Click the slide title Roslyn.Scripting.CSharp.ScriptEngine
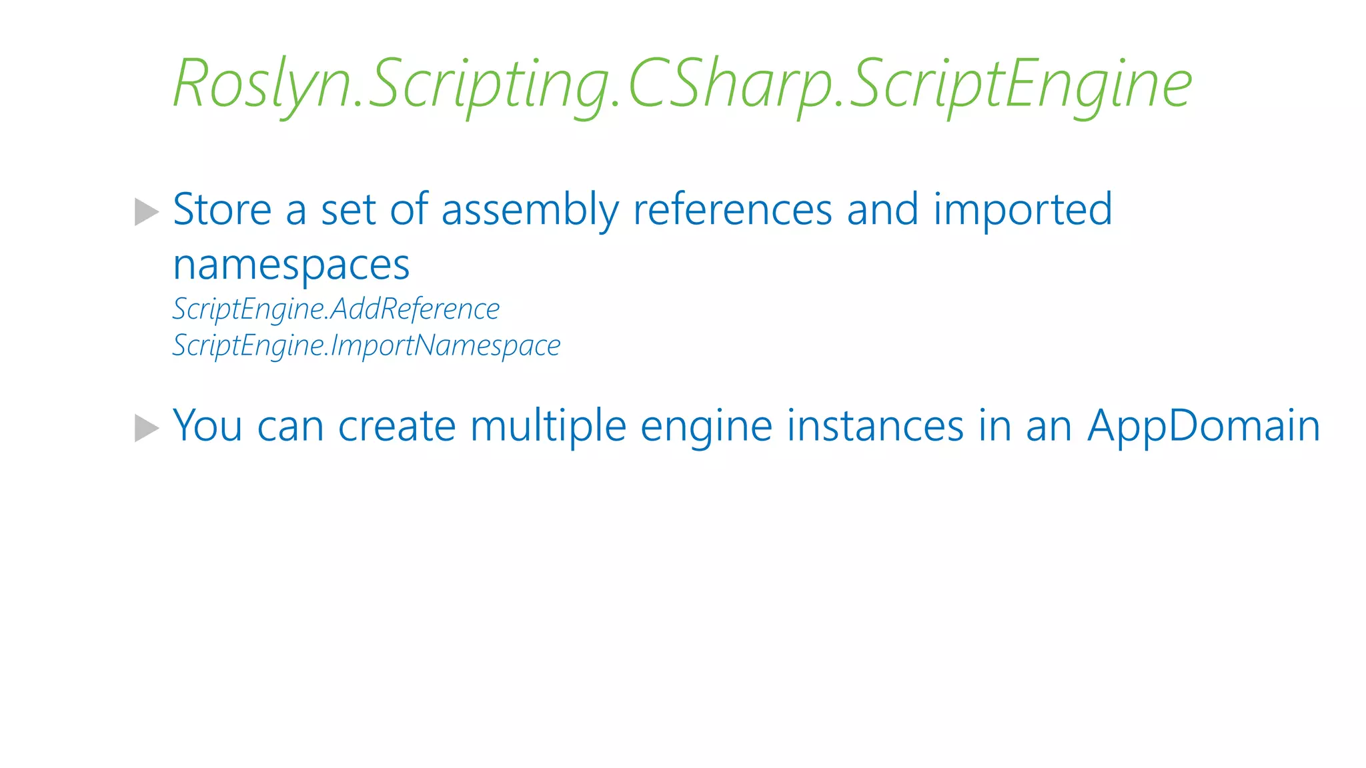click(682, 84)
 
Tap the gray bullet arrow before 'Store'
click(147, 212)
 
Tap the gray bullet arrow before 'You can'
click(147, 428)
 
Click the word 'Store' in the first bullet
click(222, 210)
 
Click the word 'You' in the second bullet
click(207, 426)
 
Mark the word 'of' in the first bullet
click(408, 210)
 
